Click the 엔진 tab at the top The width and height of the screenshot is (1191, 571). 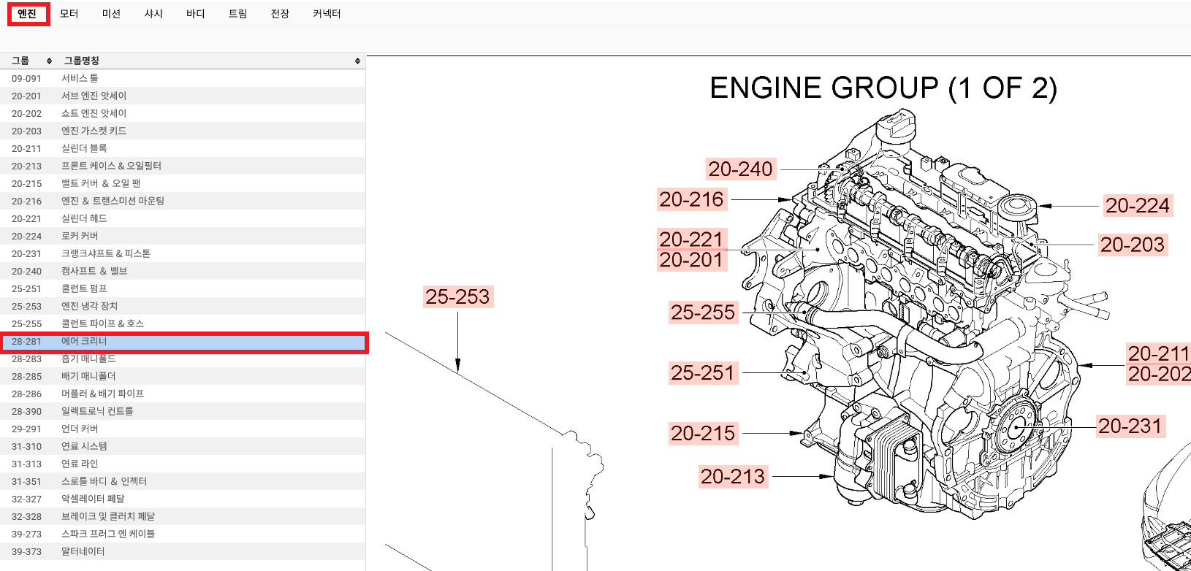[27, 14]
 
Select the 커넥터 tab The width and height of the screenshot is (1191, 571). [327, 14]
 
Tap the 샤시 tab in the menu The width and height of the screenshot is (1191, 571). [153, 14]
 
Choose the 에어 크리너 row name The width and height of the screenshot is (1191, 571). [84, 341]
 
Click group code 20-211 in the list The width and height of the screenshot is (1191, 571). [26, 149]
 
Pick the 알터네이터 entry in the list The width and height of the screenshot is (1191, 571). [83, 551]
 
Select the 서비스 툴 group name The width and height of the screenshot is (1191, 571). [80, 78]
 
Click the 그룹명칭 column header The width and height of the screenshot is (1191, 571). [81, 61]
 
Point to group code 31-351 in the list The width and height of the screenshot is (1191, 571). [26, 482]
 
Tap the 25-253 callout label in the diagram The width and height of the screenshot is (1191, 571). [458, 296]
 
